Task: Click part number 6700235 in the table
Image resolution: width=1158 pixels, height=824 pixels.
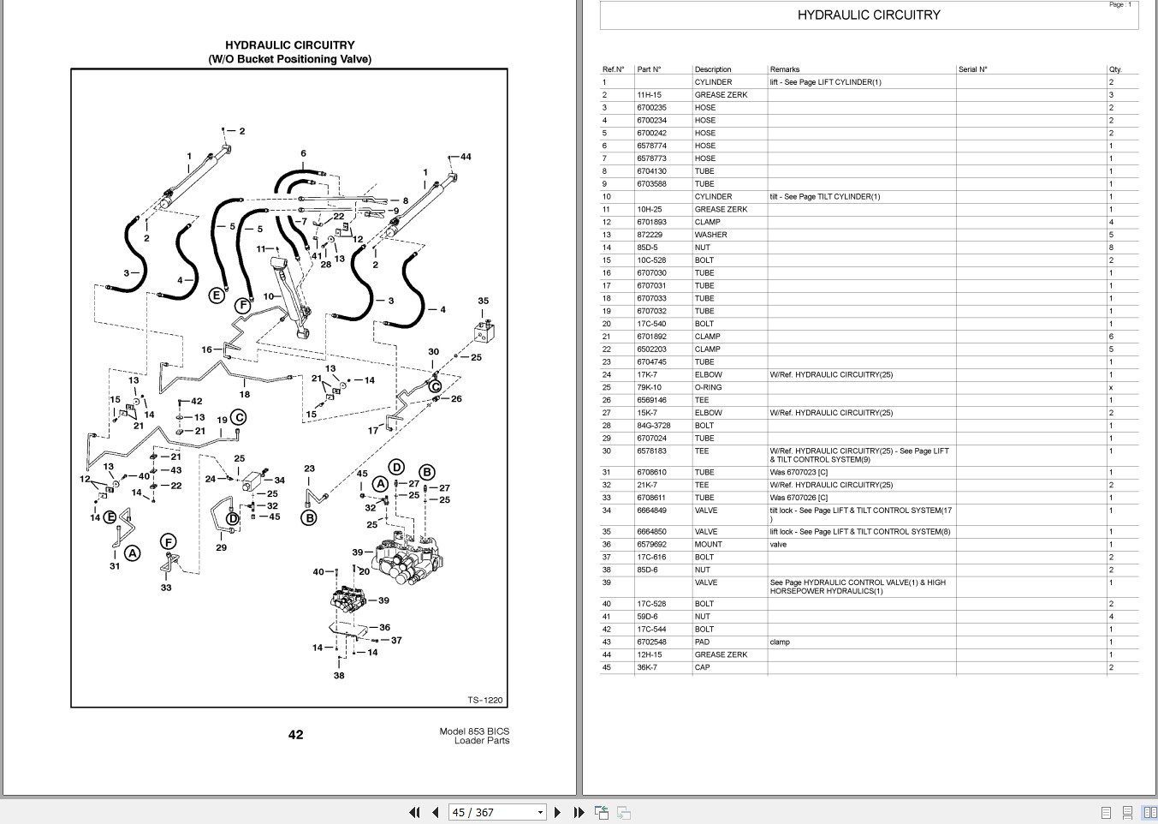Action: click(x=651, y=108)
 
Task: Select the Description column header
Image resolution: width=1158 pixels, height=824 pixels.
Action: click(x=713, y=69)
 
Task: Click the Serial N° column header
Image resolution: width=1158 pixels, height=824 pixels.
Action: click(x=972, y=69)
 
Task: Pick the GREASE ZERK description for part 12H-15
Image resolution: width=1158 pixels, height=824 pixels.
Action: click(x=721, y=654)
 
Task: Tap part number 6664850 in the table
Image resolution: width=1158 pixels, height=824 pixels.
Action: click(x=651, y=532)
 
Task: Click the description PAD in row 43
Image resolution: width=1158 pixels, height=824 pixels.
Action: click(x=702, y=642)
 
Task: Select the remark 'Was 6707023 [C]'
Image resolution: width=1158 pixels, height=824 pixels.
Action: click(x=799, y=472)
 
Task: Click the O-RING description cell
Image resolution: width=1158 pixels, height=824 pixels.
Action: click(x=708, y=387)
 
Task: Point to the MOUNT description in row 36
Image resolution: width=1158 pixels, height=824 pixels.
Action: click(x=708, y=545)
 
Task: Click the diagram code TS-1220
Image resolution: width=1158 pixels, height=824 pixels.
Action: click(x=485, y=700)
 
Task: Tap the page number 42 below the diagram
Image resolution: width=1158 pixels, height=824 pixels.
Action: click(x=295, y=734)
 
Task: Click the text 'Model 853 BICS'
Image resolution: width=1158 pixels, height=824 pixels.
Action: click(x=474, y=731)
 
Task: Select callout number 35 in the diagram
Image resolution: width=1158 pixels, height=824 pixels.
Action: click(x=484, y=301)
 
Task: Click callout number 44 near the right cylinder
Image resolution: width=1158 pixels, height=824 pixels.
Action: click(x=466, y=157)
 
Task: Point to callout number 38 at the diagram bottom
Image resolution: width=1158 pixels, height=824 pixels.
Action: click(x=339, y=675)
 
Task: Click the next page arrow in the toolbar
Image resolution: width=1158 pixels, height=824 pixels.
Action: click(x=558, y=812)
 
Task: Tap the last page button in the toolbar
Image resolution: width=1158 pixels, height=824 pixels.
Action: click(x=579, y=812)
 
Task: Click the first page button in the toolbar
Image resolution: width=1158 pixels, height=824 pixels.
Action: click(x=415, y=812)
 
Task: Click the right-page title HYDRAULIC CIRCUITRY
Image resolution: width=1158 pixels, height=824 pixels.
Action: click(x=869, y=15)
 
